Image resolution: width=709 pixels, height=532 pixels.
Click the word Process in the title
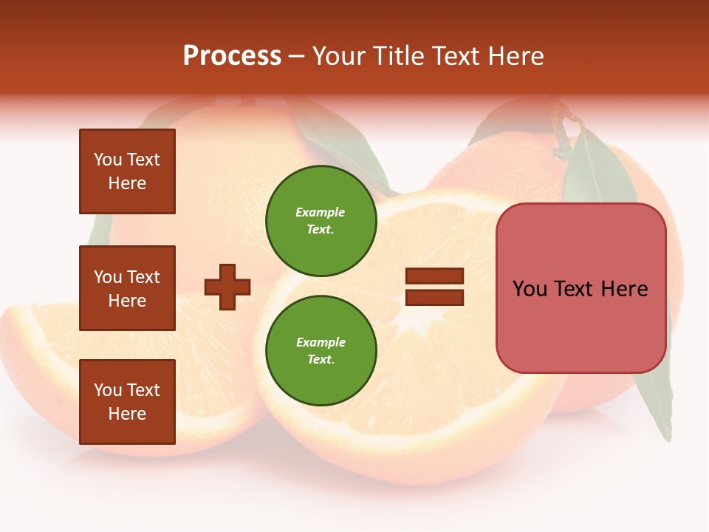pos(232,56)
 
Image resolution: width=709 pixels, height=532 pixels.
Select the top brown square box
pos(127,171)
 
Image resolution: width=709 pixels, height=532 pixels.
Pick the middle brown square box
pos(127,288)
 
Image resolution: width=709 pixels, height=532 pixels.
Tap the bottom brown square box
pos(127,402)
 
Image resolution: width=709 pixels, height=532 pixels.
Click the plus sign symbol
pos(227,287)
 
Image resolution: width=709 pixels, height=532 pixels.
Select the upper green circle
pos(321,220)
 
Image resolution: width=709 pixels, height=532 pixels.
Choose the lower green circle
pos(321,350)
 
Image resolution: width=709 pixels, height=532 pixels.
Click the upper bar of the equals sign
pos(434,276)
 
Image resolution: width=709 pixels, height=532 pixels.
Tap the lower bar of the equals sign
pos(434,297)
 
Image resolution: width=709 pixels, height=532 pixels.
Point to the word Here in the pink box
pos(624,289)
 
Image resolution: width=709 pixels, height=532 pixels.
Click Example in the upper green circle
pos(321,212)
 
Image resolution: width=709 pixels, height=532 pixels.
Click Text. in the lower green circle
pos(321,360)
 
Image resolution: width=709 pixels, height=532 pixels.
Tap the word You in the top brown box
pos(107,160)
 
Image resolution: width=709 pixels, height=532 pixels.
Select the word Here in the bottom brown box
pos(127,414)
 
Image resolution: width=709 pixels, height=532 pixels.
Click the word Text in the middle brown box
pos(143,277)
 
